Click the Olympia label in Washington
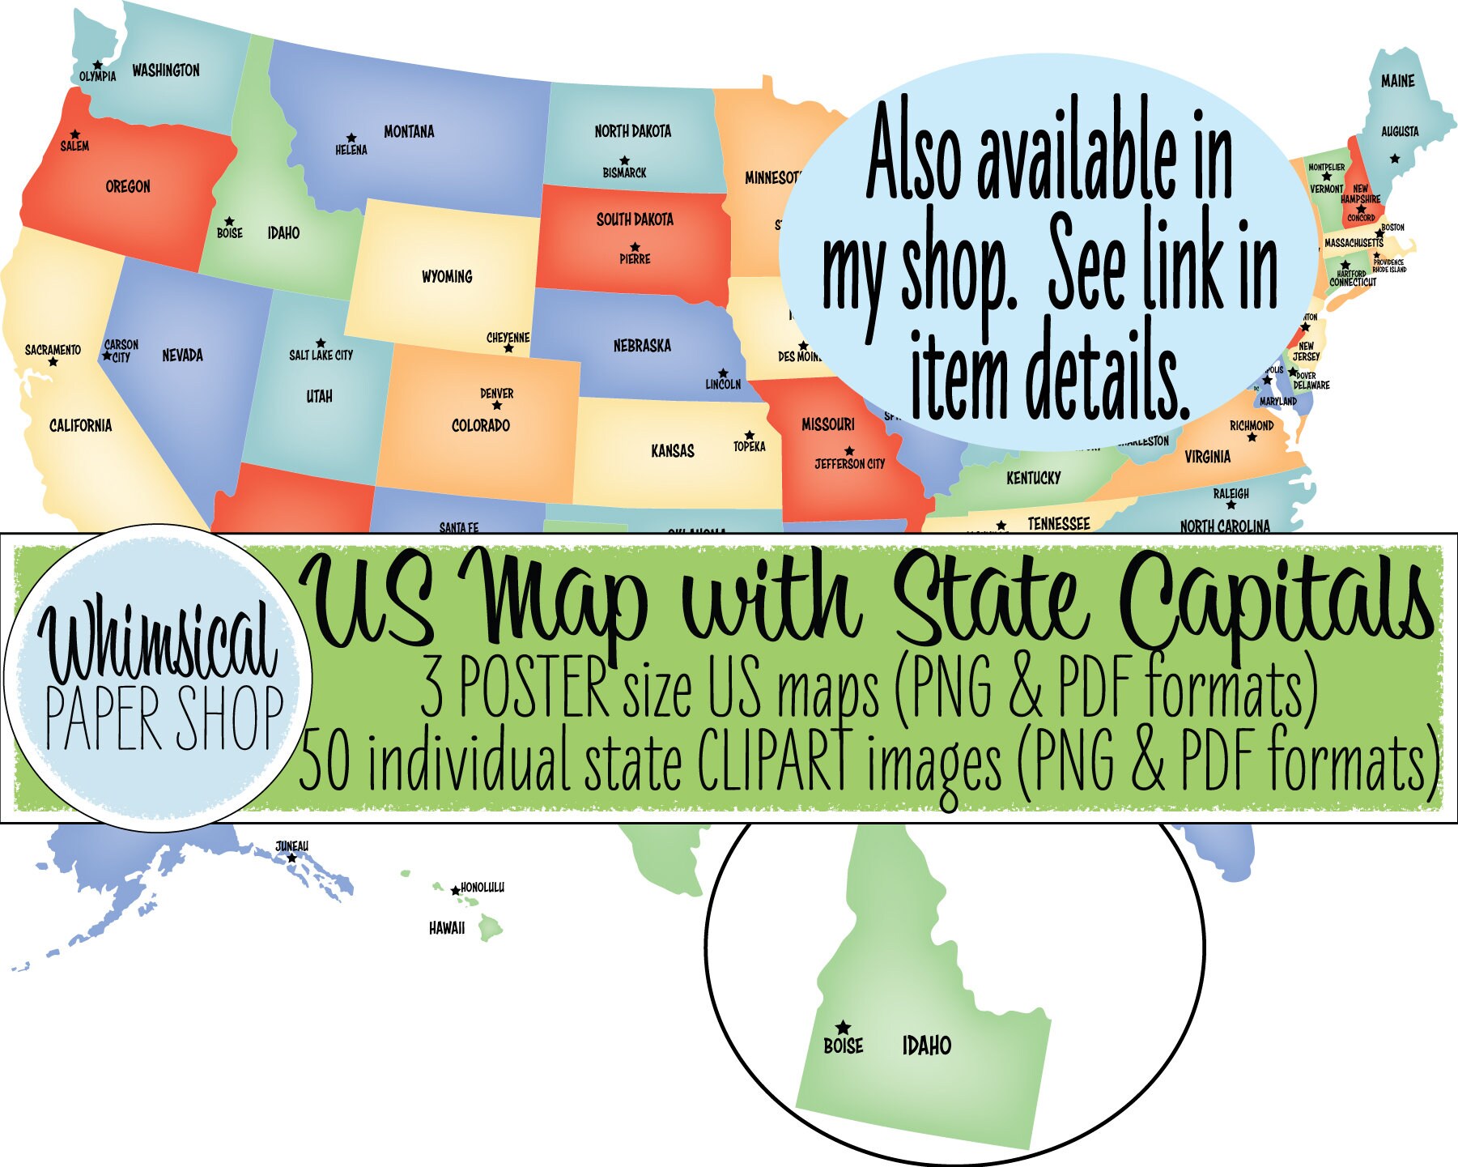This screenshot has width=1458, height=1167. (x=97, y=76)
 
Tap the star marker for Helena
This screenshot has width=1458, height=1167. (x=351, y=138)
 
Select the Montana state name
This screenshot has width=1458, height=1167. (x=409, y=131)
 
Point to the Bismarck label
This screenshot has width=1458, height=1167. (x=624, y=172)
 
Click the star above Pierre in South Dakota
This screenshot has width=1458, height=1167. (x=635, y=247)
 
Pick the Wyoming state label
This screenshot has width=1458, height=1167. (x=447, y=276)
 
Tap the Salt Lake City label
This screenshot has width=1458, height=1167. (x=321, y=355)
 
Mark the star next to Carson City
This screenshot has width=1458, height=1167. (x=107, y=355)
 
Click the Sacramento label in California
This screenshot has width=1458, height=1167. (x=53, y=350)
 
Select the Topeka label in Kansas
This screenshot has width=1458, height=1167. (x=749, y=446)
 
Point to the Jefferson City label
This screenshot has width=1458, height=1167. (x=849, y=464)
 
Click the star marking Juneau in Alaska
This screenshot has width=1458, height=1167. (x=291, y=858)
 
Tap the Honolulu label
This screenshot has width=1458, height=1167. (x=482, y=888)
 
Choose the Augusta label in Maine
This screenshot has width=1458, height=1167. (x=1400, y=131)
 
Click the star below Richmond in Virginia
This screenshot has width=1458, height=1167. (x=1252, y=437)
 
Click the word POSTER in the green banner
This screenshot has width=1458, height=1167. (x=533, y=689)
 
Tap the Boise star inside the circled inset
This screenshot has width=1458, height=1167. (x=843, y=1026)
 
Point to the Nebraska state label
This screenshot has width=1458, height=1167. (x=642, y=346)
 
